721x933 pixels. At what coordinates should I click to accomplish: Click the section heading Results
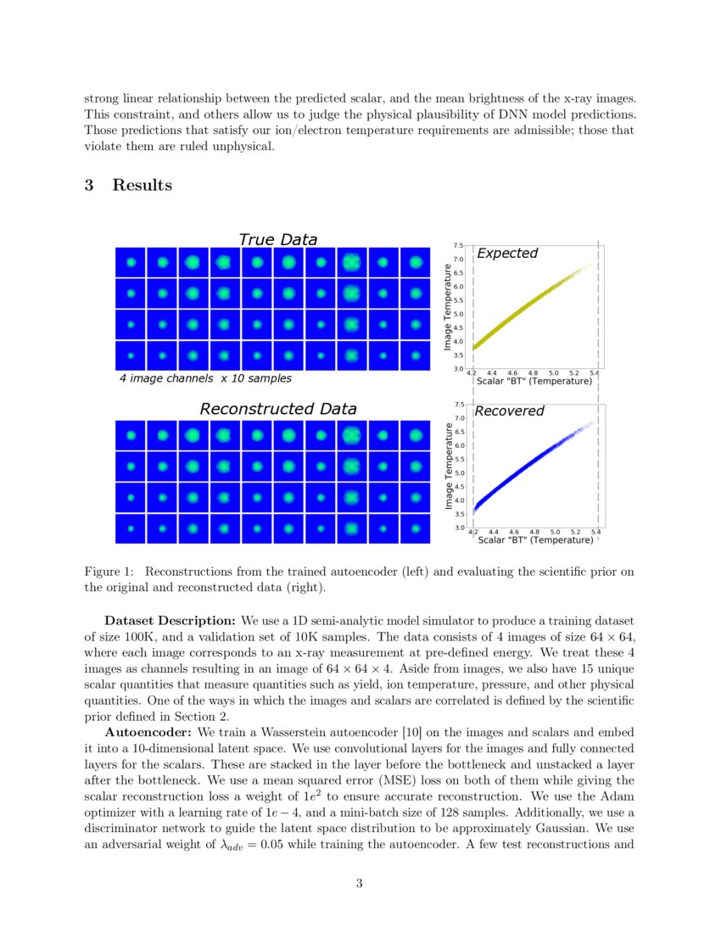142,185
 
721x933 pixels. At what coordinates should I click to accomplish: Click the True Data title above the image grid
277,240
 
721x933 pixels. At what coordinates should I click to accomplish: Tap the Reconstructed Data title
277,409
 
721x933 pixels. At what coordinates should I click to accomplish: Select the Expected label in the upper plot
506,254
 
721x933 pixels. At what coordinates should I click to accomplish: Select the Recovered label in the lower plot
509,411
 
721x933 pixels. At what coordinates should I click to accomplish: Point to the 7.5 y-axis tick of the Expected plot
458,246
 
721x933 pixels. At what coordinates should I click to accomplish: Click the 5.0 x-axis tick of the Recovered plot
553,531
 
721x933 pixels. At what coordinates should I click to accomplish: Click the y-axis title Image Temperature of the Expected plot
448,307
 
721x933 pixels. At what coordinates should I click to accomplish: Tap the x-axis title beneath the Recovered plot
534,539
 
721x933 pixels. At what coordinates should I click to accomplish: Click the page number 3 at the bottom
360,884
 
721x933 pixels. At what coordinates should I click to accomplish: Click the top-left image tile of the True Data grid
130,262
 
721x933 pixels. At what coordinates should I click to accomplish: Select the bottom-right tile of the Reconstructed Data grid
416,528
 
